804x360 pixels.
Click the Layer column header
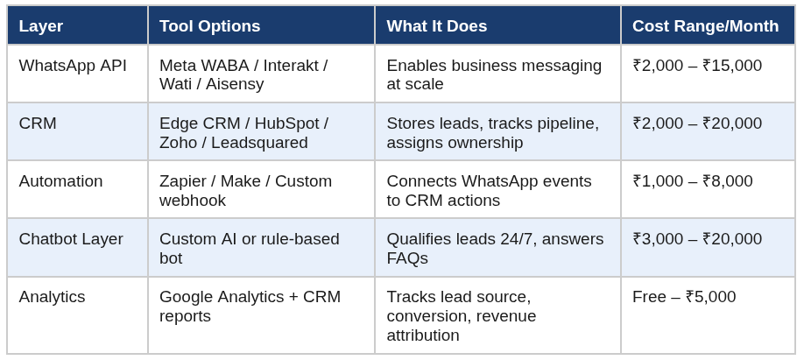[x=41, y=25]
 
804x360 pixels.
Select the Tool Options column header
[x=209, y=25]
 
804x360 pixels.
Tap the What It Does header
[x=437, y=25]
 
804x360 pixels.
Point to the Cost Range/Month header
[x=706, y=25]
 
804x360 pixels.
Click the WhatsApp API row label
[x=73, y=66]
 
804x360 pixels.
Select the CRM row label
[x=38, y=124]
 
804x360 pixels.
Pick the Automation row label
[x=60, y=181]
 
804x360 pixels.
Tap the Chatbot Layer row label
[x=71, y=239]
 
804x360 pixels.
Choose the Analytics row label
[x=52, y=297]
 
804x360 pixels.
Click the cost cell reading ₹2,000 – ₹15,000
[x=697, y=66]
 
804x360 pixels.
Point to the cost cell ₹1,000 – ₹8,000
[x=693, y=181]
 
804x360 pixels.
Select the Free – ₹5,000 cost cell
[x=684, y=297]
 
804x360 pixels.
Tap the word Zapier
[x=182, y=181]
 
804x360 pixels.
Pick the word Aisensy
[x=235, y=84]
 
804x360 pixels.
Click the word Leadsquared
[x=259, y=143]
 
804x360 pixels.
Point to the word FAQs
[x=407, y=258]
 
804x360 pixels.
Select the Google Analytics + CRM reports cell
[x=250, y=307]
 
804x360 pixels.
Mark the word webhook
[x=193, y=201]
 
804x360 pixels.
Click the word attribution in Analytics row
[x=422, y=335]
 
